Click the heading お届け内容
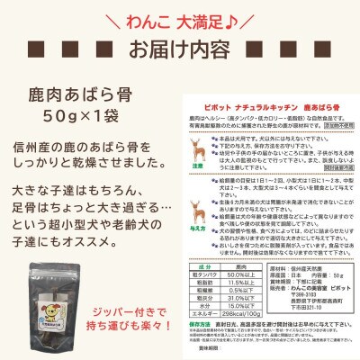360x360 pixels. click(180, 47)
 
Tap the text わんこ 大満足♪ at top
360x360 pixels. click(180, 15)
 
